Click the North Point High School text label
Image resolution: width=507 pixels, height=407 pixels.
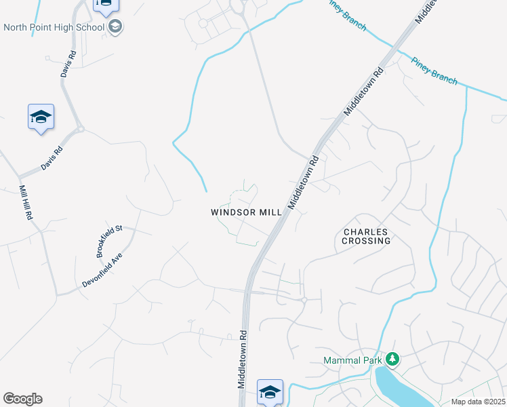coord(54,27)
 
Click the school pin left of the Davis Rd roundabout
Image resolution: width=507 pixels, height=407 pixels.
coord(41,117)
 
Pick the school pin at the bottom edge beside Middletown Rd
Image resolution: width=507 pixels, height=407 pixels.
coord(270,391)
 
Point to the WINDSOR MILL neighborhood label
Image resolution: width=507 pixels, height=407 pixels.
coord(246,212)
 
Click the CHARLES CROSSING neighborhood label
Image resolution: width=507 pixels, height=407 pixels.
coord(367,236)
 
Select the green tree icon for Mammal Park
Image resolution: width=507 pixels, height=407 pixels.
coord(392,359)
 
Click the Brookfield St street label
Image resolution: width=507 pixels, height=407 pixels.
coord(108,241)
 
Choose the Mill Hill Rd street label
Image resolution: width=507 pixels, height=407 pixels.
coord(26,201)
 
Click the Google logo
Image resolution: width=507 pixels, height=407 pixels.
coord(22,399)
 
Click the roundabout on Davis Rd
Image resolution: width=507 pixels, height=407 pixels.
coord(79,128)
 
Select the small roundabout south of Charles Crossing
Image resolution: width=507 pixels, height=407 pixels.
coord(304,298)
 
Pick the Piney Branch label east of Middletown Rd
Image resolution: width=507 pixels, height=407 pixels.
coord(434,70)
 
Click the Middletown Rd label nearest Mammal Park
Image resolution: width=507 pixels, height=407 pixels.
coord(241,360)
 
